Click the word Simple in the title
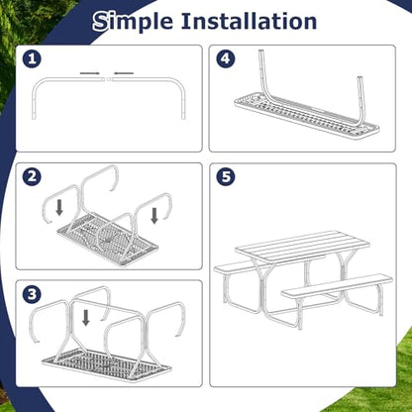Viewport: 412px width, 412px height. tap(133, 22)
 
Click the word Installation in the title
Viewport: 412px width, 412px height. tap(250, 21)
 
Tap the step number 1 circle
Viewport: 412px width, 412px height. tap(32, 59)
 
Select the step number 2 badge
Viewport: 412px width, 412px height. tap(32, 176)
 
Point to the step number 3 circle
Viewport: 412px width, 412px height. tap(32, 294)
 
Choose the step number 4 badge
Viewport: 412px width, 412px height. tap(226, 59)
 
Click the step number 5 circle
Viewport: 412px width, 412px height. tap(226, 177)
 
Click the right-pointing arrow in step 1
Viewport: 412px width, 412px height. tap(89, 73)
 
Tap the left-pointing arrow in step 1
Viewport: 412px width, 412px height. tap(124, 73)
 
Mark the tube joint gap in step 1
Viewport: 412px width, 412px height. tap(109, 79)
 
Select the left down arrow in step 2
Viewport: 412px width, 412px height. tap(59, 208)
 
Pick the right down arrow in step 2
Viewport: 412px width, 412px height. tap(154, 216)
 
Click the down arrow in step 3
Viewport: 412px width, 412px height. tap(86, 318)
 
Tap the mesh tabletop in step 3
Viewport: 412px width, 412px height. tap(107, 363)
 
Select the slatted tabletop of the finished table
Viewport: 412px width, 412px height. tap(302, 247)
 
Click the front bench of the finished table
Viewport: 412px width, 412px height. tap(337, 285)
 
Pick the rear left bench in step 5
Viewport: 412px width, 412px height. tap(238, 268)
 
